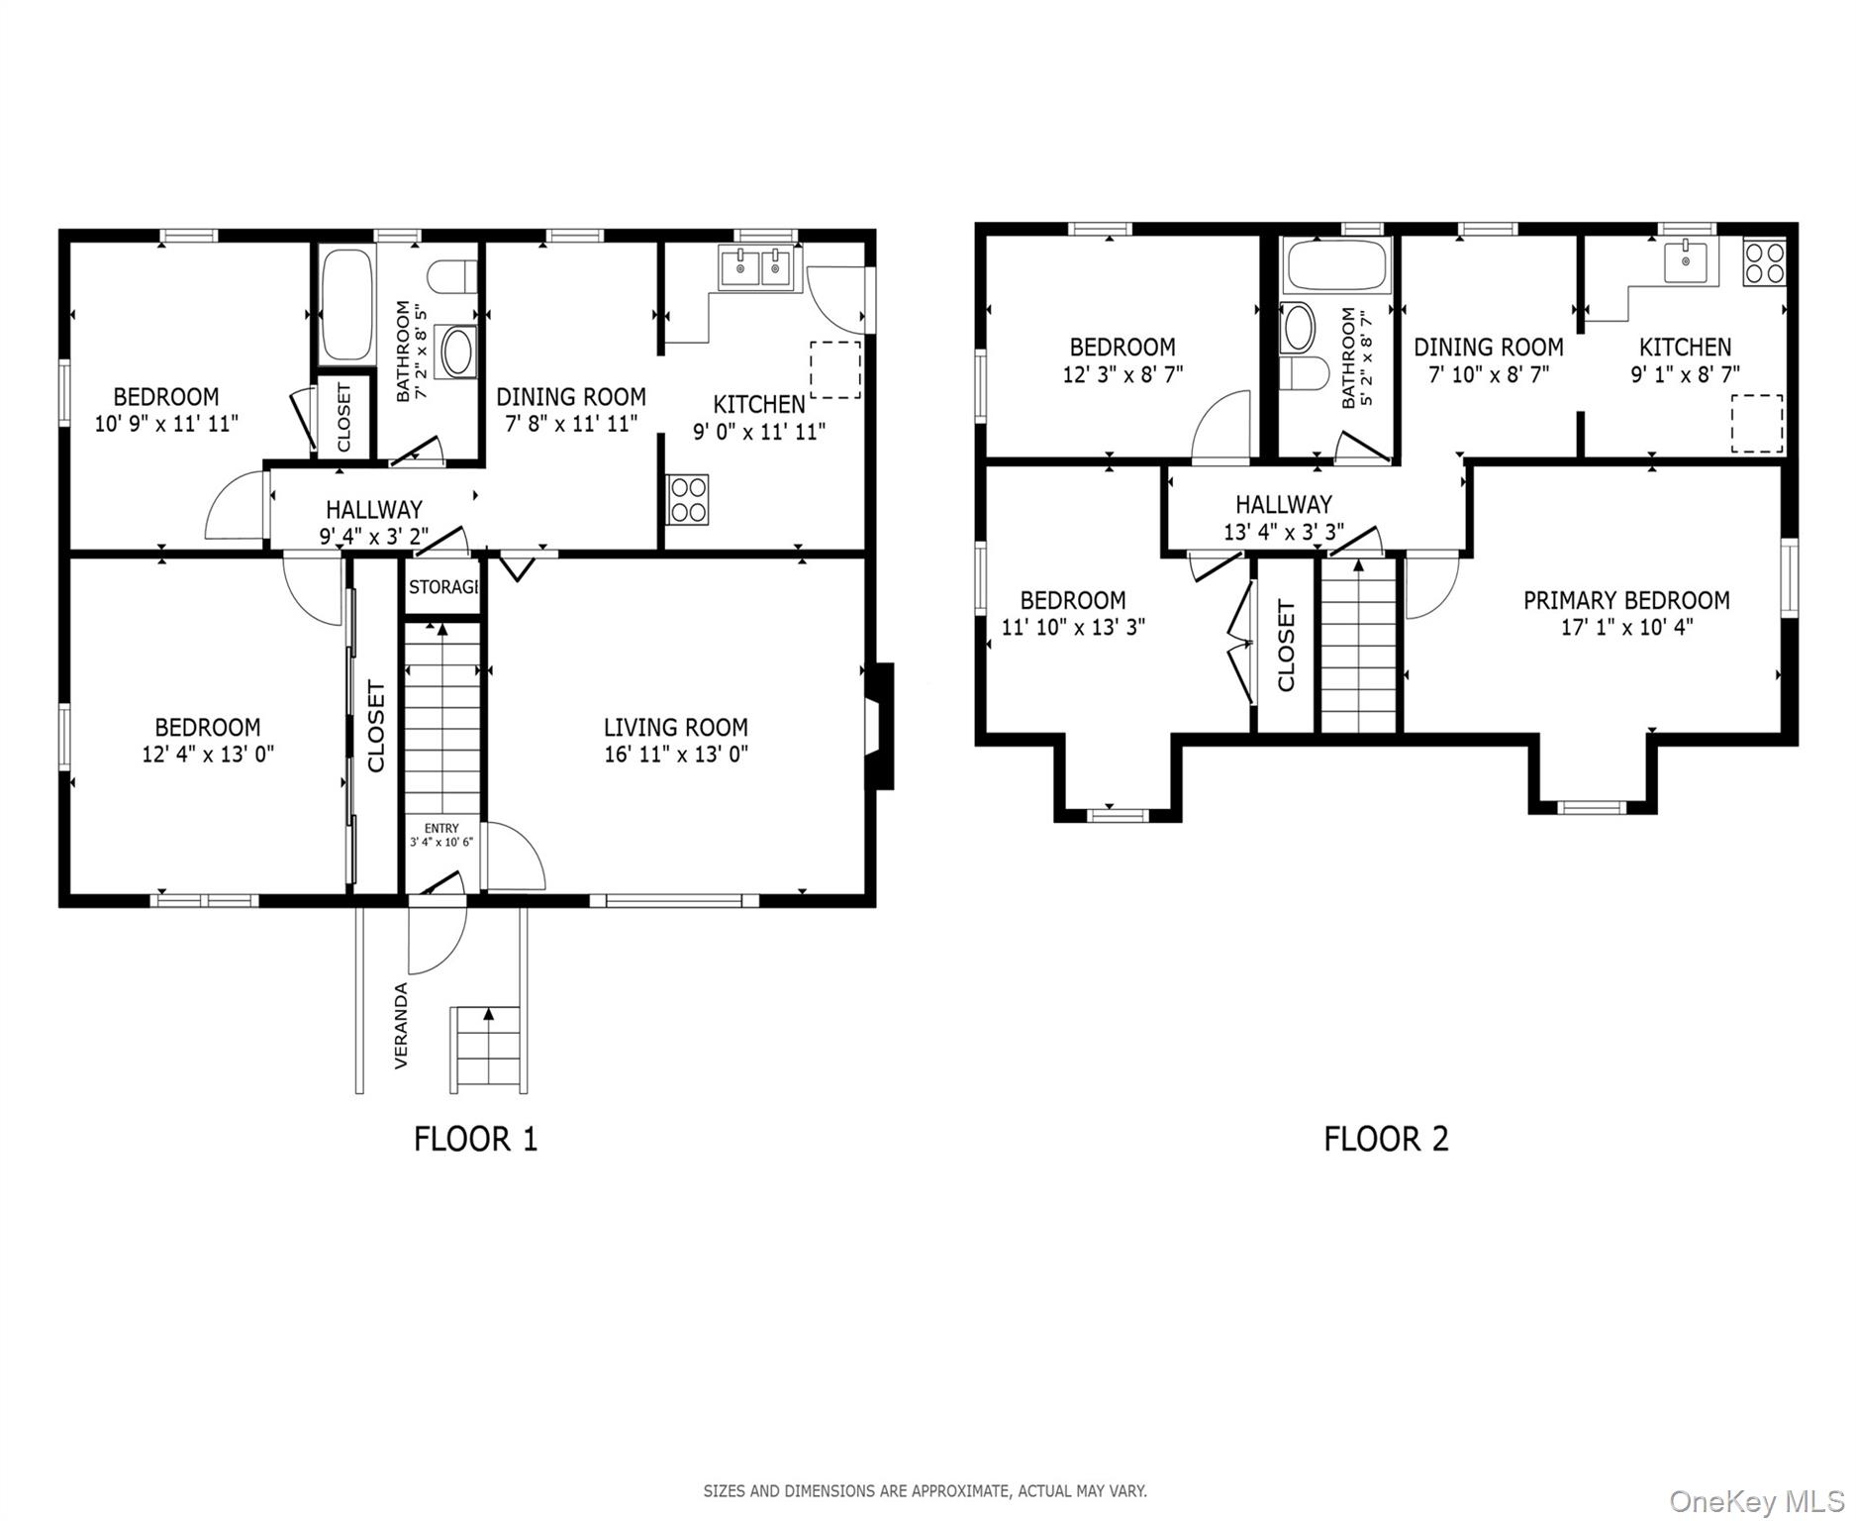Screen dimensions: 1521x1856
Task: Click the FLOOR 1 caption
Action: (475, 1139)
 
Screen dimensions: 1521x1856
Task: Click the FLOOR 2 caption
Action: (1386, 1139)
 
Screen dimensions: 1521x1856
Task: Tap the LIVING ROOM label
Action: (675, 727)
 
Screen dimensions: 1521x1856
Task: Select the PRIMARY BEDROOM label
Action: (1626, 600)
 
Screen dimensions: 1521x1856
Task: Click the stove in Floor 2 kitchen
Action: (1765, 262)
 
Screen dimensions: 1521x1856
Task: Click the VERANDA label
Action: (401, 1026)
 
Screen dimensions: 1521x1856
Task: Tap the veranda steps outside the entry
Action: (486, 1050)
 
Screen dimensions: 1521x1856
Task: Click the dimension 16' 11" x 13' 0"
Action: (675, 755)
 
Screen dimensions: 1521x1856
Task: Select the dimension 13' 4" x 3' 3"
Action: (1283, 532)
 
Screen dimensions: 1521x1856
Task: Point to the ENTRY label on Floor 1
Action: (441, 829)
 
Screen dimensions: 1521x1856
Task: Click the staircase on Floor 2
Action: (1359, 646)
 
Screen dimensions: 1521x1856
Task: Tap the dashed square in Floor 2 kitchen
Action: (1756, 424)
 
